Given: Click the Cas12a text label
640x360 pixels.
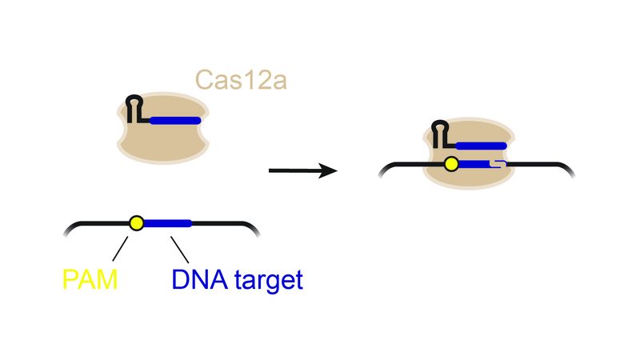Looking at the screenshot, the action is click(241, 79).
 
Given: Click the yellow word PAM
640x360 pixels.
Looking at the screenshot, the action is click(90, 279).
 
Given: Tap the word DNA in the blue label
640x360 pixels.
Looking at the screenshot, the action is click(199, 279).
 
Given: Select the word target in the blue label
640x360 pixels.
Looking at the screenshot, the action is click(269, 281).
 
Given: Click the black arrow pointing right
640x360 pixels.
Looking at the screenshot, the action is click(303, 170).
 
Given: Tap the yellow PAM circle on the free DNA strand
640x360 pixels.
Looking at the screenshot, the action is click(136, 223).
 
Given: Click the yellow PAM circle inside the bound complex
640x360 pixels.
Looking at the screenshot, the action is click(451, 164).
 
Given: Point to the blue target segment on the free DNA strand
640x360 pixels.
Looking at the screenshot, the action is click(167, 223).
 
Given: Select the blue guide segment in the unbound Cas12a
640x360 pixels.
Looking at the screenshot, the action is click(175, 121).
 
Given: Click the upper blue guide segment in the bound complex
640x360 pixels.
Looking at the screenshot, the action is click(481, 146).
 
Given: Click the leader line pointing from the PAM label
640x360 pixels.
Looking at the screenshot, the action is click(120, 249).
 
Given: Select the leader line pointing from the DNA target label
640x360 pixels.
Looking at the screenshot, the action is click(179, 250).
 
